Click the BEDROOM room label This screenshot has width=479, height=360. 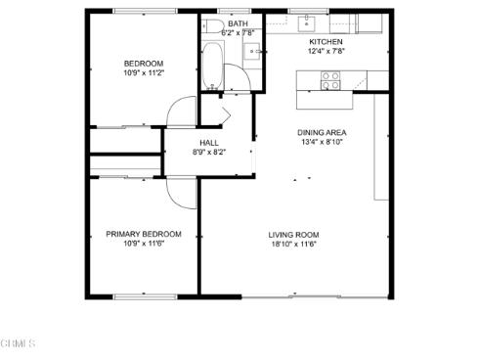(x=144, y=64)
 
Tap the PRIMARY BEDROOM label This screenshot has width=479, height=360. (x=144, y=234)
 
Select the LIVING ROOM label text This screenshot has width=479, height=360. (x=293, y=235)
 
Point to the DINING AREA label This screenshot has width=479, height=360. (x=322, y=133)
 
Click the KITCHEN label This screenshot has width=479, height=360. (x=326, y=42)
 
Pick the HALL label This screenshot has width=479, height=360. (x=209, y=143)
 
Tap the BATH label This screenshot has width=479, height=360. (x=238, y=23)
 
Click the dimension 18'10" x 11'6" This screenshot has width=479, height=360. (x=294, y=244)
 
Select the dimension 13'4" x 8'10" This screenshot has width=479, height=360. (x=322, y=142)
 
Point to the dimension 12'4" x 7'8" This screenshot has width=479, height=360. (x=327, y=51)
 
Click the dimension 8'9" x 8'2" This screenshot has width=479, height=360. (x=209, y=152)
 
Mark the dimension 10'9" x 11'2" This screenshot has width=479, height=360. (x=144, y=72)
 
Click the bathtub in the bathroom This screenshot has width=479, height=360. (x=212, y=66)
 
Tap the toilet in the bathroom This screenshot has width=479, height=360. (x=211, y=26)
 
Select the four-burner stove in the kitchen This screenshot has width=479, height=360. (x=330, y=80)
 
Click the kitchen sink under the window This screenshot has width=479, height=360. (x=307, y=23)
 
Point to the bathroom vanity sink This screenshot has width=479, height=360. (x=252, y=52)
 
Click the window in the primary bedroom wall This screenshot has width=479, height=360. (x=145, y=296)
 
